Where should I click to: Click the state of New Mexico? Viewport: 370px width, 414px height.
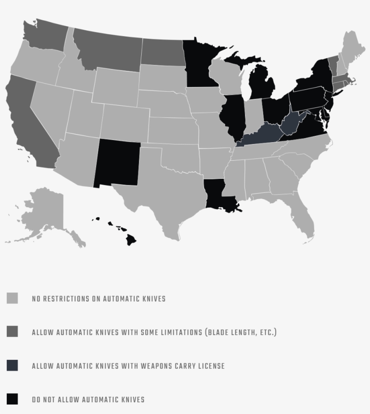tap(117, 163)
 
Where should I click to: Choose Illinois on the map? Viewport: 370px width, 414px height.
tap(233, 115)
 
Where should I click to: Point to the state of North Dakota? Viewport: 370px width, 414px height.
tap(162, 52)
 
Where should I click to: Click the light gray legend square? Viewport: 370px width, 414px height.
tap(12, 298)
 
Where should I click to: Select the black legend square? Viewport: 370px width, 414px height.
tap(12, 399)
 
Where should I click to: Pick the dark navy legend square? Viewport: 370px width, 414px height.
tap(12, 365)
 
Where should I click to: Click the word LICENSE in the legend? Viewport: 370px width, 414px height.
tap(210, 366)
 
